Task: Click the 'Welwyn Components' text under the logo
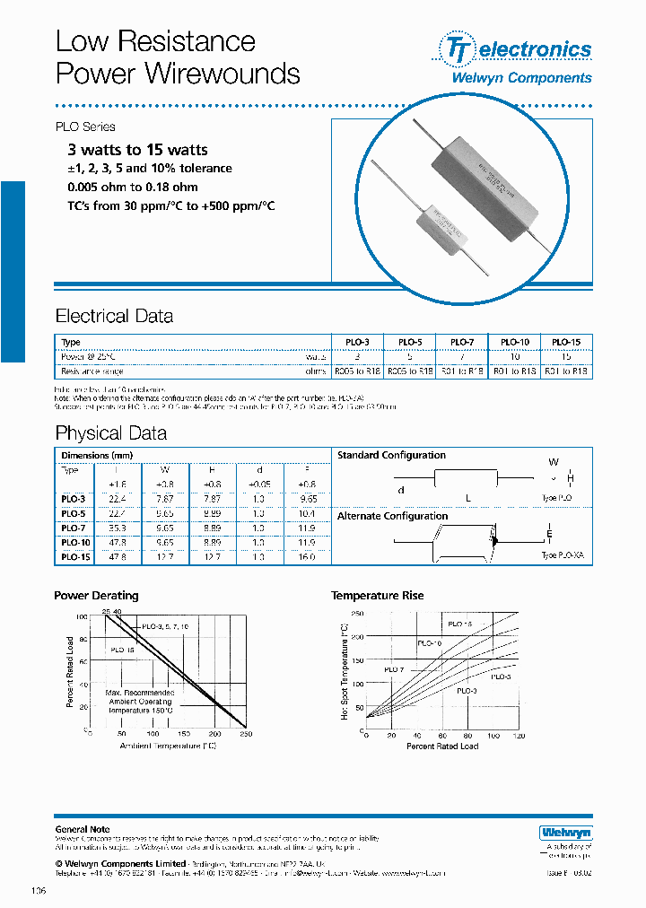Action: tap(520, 78)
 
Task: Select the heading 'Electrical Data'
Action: tap(114, 316)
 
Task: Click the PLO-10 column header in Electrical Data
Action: tap(515, 342)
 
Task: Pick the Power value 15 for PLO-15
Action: tap(565, 356)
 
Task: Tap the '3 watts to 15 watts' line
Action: tap(137, 150)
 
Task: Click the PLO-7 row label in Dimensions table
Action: tap(73, 529)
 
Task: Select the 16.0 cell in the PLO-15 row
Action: tap(308, 557)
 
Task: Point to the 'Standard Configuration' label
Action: tap(391, 456)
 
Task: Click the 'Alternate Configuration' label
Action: tap(392, 516)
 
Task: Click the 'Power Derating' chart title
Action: tap(96, 596)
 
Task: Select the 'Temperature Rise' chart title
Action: tap(377, 596)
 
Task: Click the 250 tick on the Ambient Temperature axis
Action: tap(246, 734)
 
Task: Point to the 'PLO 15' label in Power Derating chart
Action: tap(124, 649)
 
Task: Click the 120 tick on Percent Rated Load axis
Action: tap(519, 736)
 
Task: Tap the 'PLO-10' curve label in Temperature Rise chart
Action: tap(430, 643)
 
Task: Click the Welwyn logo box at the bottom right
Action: tap(557, 832)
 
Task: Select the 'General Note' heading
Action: tap(83, 830)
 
